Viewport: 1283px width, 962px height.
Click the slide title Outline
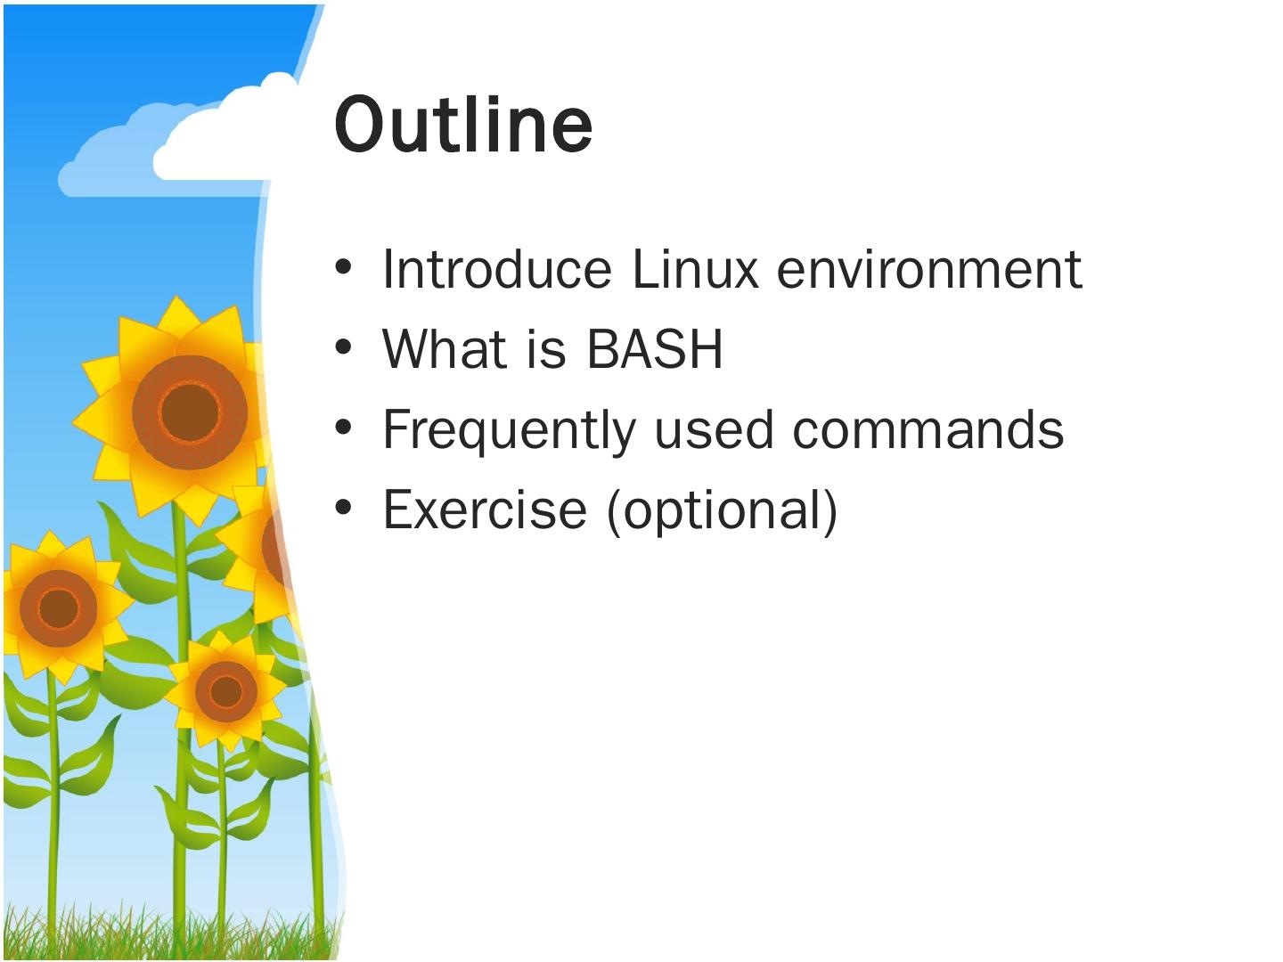tap(463, 125)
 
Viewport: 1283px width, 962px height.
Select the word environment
tap(929, 269)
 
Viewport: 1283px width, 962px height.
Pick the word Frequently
tap(509, 430)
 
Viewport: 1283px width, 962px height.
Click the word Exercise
tap(485, 510)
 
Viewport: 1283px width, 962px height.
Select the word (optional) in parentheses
tap(722, 510)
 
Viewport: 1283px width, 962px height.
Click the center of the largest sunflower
tap(188, 412)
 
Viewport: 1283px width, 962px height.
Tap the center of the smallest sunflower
tap(225, 691)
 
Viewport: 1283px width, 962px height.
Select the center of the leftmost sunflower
tap(57, 607)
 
